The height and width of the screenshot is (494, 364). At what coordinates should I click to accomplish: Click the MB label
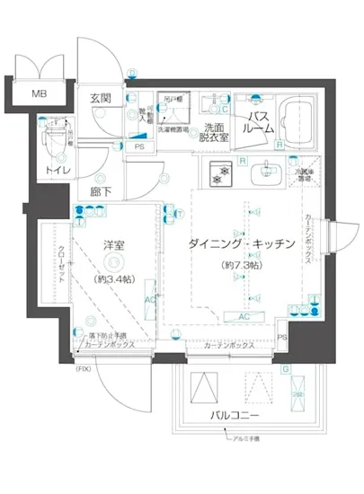41,94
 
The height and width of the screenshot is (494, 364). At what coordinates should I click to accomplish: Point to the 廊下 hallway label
101,190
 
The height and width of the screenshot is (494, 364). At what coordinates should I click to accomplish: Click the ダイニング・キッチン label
241,244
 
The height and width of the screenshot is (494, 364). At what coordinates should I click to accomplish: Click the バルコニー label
235,416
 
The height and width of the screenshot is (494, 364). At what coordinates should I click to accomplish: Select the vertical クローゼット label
60,265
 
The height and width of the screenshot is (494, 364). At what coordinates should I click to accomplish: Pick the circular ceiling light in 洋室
111,261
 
